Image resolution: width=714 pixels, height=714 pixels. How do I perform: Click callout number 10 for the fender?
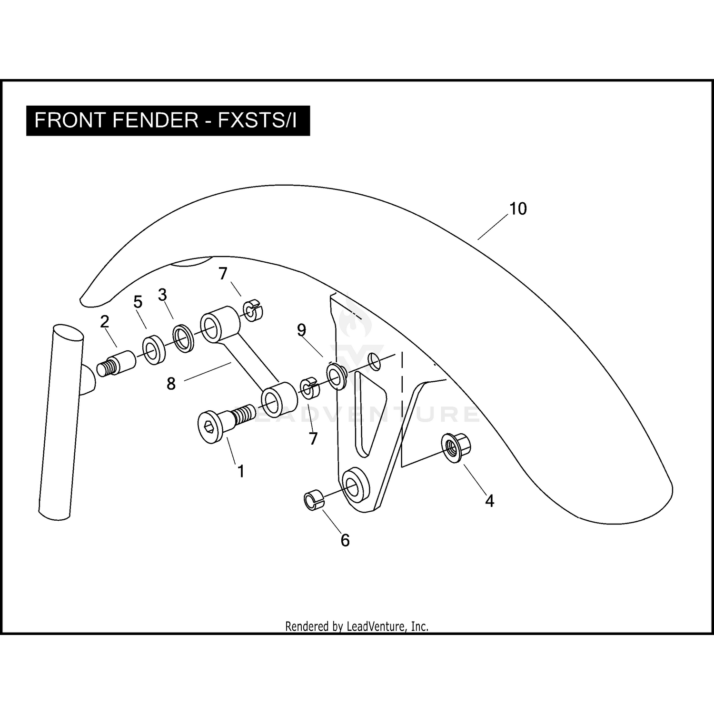518,209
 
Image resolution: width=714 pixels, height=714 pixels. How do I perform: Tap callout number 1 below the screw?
241,471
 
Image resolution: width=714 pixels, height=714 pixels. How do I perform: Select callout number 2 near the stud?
105,322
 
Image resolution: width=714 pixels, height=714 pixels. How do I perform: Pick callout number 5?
138,302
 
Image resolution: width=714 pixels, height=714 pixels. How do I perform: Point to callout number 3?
162,295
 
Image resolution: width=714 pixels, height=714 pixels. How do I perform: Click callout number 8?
171,383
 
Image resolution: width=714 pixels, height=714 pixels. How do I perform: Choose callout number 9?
301,330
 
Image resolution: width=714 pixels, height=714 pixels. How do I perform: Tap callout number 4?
489,500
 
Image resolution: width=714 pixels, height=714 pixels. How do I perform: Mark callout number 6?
345,540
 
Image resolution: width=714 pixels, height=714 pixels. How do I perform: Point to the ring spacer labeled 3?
183,338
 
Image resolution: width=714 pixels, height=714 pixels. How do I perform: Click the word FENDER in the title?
156,120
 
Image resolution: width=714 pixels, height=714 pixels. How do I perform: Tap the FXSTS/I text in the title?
257,120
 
